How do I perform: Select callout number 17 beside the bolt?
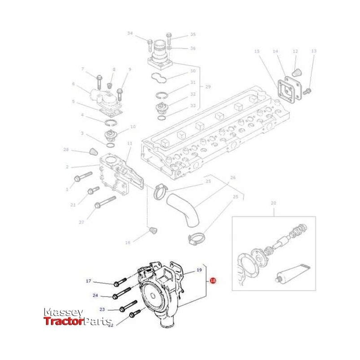click(88, 281)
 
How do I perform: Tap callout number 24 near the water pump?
click(95, 296)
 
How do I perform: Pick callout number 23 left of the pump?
click(102, 310)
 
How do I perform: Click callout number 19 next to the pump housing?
click(198, 271)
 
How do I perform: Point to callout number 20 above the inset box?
click(273, 204)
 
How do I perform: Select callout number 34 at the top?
click(130, 33)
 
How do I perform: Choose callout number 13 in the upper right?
click(314, 52)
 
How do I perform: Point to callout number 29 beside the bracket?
click(208, 86)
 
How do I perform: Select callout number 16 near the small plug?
click(127, 243)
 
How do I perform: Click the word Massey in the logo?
click(63, 312)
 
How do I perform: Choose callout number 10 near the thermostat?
click(133, 127)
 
